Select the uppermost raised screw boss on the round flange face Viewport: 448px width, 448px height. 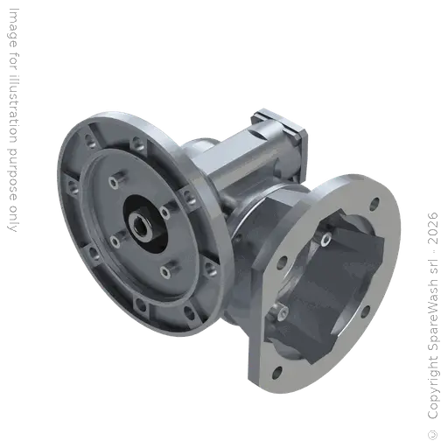(x=115, y=181)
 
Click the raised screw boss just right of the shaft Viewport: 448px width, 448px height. (x=164, y=211)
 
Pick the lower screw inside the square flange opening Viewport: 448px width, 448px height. (x=283, y=311)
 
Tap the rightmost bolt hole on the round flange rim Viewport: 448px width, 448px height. (x=206, y=261)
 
